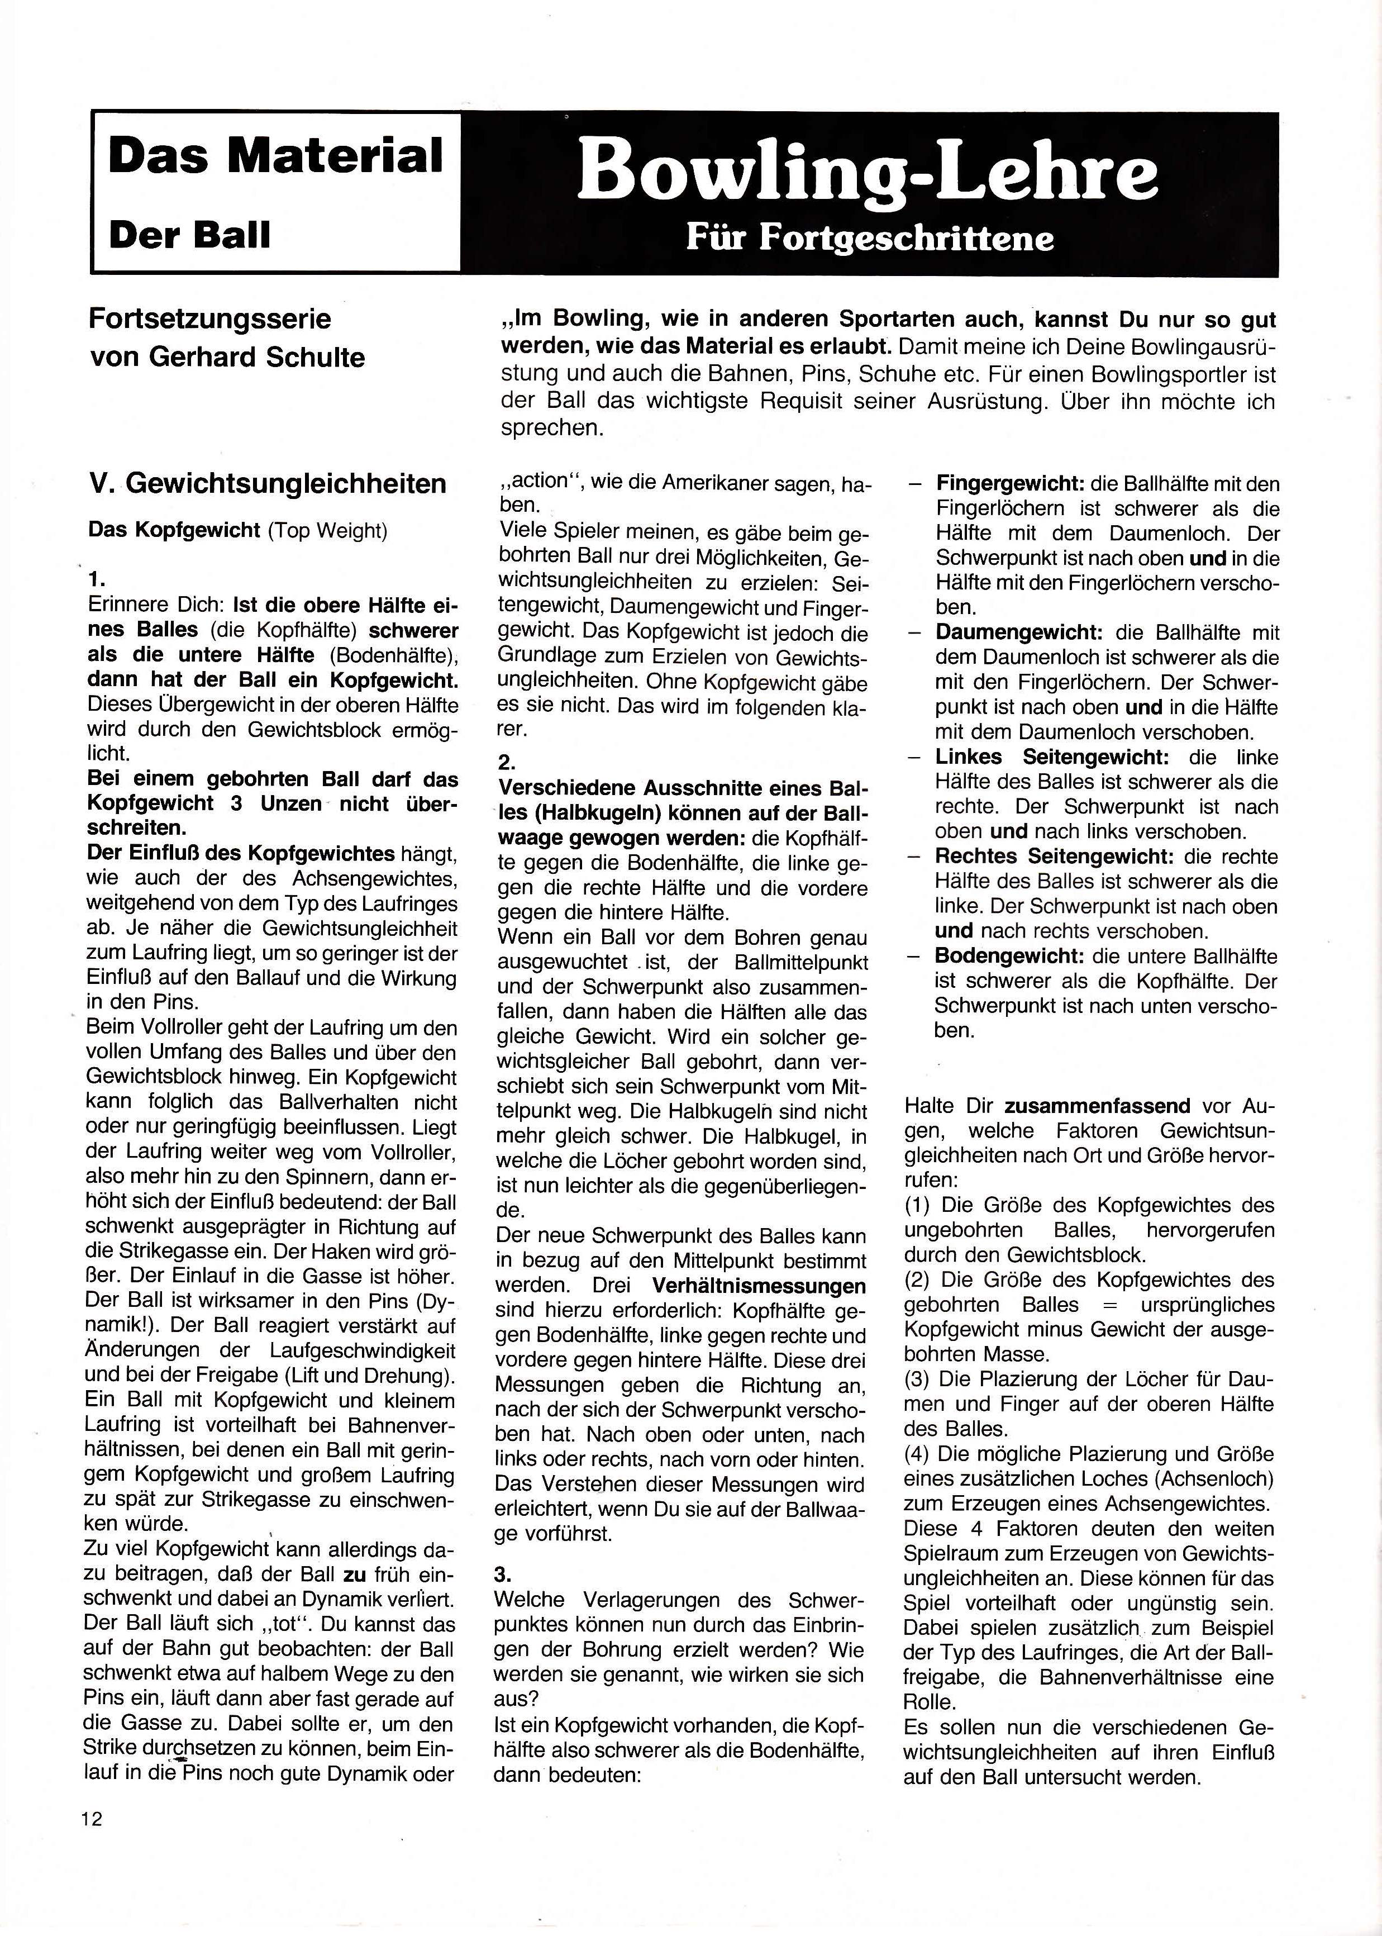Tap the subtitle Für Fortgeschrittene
(x=870, y=237)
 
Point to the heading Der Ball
(x=189, y=235)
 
